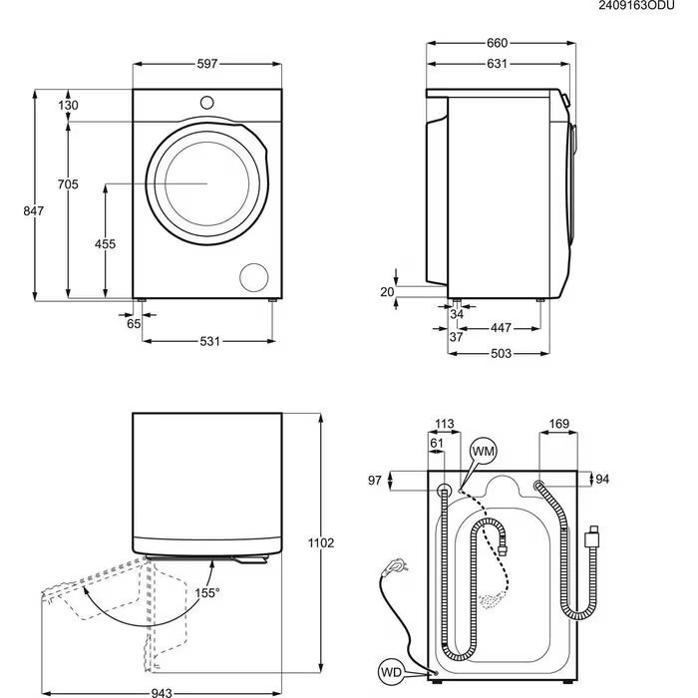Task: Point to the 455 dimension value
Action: click(105, 244)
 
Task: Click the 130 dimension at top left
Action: click(67, 106)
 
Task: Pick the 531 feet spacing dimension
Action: click(208, 342)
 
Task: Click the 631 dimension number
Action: click(497, 64)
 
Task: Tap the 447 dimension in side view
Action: click(501, 327)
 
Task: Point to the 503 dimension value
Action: click(502, 354)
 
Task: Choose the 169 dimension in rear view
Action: click(558, 425)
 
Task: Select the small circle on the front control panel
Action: click(207, 101)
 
